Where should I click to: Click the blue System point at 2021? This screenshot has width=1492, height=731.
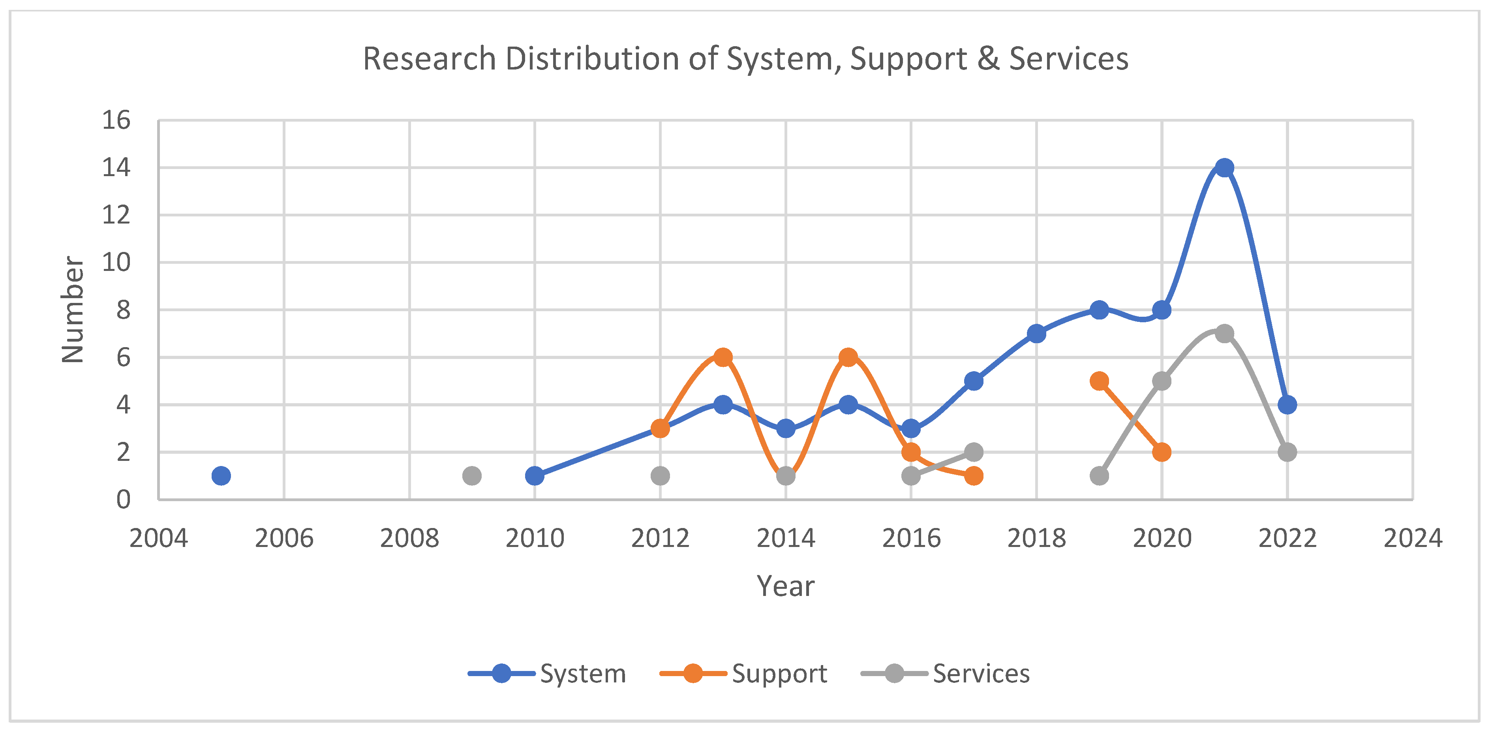tap(1224, 168)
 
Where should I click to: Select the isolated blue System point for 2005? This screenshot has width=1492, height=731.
tap(221, 475)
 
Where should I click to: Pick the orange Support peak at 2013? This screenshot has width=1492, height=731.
tap(722, 357)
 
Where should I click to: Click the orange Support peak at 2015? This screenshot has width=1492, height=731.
tap(848, 357)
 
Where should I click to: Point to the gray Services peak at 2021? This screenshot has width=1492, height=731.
tap(1224, 334)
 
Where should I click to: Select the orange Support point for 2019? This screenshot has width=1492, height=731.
tap(1099, 381)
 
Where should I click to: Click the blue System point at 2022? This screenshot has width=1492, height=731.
tap(1287, 405)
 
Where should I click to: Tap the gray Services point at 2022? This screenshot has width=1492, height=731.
tap(1287, 452)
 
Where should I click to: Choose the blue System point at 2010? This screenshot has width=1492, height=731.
tap(535, 475)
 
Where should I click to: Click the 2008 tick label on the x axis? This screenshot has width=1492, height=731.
tap(409, 538)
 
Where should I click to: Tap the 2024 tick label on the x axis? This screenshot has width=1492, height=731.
tap(1412, 538)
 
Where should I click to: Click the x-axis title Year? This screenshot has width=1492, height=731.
tap(785, 586)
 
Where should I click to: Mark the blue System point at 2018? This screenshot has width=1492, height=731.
tap(1036, 334)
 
